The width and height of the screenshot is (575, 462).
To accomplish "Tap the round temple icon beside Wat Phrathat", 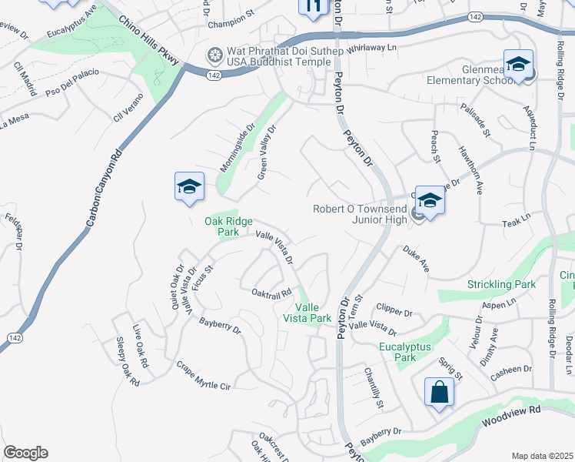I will [x=214, y=55].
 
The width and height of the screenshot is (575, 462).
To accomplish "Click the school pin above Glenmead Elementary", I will [x=518, y=65].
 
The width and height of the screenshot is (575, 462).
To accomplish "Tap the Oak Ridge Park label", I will [x=228, y=226].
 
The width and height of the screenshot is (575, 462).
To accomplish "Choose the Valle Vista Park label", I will [x=307, y=312].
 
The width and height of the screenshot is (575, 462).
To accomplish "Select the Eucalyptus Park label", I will [x=407, y=352].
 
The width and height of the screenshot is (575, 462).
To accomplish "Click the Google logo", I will [x=25, y=453].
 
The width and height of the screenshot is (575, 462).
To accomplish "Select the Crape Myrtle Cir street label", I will [x=203, y=375].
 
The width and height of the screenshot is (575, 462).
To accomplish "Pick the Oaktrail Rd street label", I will [x=272, y=293].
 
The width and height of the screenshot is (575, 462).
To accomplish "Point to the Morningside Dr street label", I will [x=237, y=148].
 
